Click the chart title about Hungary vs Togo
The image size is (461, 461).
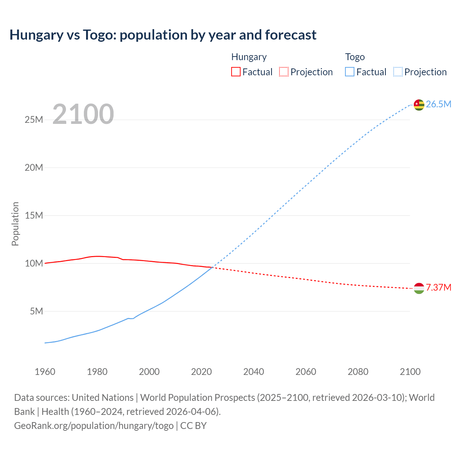point(163,35)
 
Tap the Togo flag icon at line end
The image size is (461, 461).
point(419,104)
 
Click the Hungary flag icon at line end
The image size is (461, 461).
point(419,288)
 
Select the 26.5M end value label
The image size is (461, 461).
point(438,104)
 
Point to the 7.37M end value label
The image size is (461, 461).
point(438,287)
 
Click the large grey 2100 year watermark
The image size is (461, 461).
point(83,114)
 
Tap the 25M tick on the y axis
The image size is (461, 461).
point(34,120)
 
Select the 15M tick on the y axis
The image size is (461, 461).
point(34,215)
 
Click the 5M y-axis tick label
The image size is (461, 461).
point(36,311)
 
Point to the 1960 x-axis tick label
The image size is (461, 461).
point(45,372)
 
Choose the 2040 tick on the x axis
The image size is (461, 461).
point(254,372)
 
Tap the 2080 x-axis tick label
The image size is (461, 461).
point(358,372)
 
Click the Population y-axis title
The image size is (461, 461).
point(15,224)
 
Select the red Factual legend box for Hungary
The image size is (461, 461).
point(236,72)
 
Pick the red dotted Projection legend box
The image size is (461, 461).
point(284,72)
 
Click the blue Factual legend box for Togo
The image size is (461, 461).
point(350,72)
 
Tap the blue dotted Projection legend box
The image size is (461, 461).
point(398,72)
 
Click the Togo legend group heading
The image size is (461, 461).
point(355,57)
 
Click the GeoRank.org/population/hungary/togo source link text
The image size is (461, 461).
point(94,425)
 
